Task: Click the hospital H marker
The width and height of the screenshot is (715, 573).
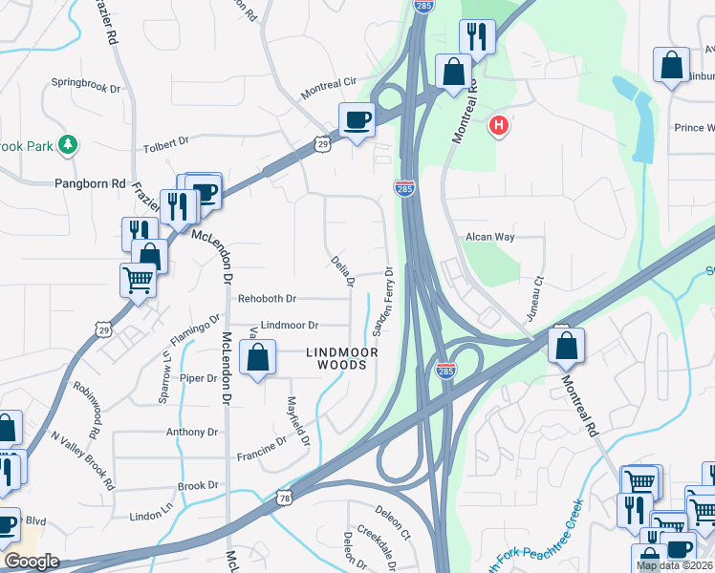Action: pyautogui.click(x=497, y=125)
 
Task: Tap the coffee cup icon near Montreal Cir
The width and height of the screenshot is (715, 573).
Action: pyautogui.click(x=357, y=120)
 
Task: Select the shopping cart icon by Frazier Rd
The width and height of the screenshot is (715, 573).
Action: pyautogui.click(x=138, y=281)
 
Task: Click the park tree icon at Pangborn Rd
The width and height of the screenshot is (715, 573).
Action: pyautogui.click(x=67, y=145)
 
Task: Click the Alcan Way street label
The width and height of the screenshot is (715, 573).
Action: pyautogui.click(x=490, y=237)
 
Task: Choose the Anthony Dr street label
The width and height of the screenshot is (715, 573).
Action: pyautogui.click(x=193, y=432)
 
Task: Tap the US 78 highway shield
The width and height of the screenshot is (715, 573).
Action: pyautogui.click(x=285, y=499)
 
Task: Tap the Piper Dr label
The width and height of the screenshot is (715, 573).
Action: pyautogui.click(x=199, y=378)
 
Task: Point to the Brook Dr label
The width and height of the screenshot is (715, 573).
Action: pyautogui.click(x=199, y=486)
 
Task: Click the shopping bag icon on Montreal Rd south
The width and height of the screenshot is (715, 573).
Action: pyautogui.click(x=567, y=345)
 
